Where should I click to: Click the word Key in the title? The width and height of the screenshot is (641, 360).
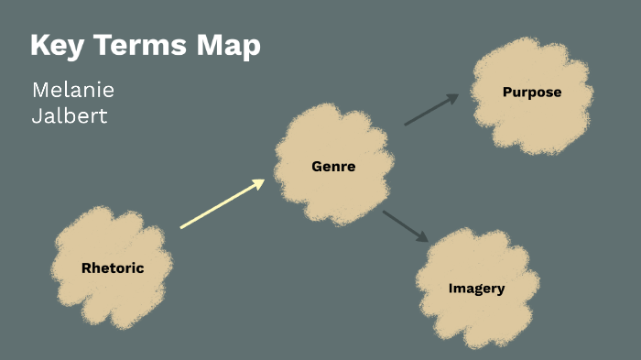(x=57, y=45)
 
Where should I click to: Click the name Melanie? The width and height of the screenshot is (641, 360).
(x=73, y=91)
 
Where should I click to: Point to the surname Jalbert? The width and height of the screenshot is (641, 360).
(x=70, y=116)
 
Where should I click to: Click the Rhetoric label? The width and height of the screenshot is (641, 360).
(x=113, y=268)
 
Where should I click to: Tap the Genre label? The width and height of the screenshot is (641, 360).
(x=333, y=167)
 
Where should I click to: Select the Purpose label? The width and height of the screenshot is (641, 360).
(x=531, y=92)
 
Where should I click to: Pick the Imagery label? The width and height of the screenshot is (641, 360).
(x=476, y=289)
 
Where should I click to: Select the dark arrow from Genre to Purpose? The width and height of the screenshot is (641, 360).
(x=430, y=110)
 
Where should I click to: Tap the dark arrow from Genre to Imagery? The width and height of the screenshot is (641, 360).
(x=405, y=225)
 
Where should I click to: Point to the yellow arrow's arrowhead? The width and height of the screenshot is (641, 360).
(x=258, y=183)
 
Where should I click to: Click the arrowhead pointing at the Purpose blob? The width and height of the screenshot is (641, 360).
(x=452, y=98)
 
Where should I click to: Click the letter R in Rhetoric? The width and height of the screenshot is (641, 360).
(x=86, y=268)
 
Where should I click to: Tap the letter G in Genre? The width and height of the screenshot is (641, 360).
(x=317, y=167)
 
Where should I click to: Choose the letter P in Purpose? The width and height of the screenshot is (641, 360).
(x=506, y=92)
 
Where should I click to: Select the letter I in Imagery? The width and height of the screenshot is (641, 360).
(x=451, y=289)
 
